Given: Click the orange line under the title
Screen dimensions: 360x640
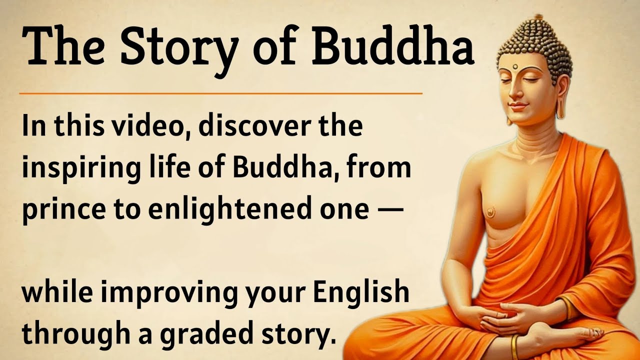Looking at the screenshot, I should click(x=220, y=93).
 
